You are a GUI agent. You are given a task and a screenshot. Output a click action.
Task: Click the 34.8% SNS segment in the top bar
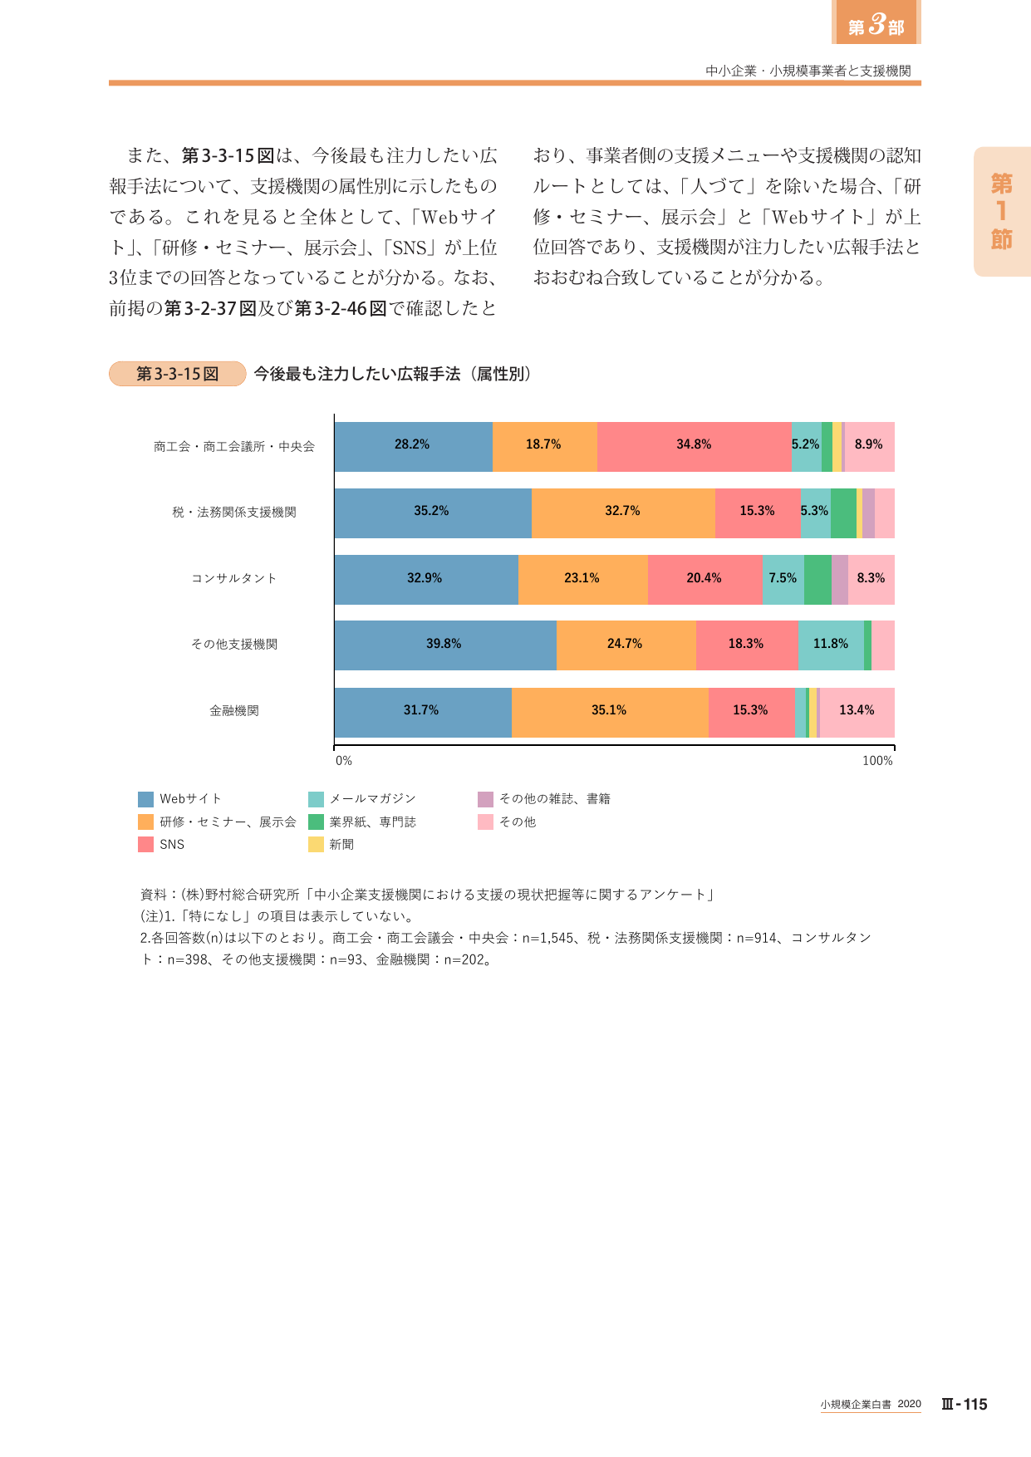pos(695,447)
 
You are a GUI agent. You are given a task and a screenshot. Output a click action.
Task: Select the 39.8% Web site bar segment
pos(445,645)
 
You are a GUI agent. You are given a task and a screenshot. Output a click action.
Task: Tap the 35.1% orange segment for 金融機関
pos(610,713)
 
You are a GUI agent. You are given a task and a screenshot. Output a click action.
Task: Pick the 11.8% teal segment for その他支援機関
pos(831,645)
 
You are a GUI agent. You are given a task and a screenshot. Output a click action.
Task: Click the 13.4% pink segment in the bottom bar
pos(857,713)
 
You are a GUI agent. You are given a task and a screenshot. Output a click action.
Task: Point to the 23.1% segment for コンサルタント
pos(583,580)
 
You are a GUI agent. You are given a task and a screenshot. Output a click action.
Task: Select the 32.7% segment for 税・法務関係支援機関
pos(623,513)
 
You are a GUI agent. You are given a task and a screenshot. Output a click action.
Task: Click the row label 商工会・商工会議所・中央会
pos(234,447)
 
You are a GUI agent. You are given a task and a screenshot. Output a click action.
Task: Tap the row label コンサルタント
pos(234,578)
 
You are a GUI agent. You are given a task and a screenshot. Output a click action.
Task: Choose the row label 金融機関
pos(234,711)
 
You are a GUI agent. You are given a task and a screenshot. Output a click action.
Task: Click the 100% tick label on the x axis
pos(877,761)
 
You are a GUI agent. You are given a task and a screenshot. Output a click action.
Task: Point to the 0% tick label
pos(343,761)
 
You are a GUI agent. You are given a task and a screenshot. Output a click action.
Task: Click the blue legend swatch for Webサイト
pos(146,799)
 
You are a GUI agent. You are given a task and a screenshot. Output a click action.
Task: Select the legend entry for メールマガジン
pos(362,799)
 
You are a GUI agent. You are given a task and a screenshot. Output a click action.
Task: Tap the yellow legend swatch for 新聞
pos(316,845)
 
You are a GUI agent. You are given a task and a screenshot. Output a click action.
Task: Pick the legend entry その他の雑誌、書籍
pos(544,799)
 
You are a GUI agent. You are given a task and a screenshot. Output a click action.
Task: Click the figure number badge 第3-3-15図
pos(177,374)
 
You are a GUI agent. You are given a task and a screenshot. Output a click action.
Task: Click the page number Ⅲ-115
pos(964,1405)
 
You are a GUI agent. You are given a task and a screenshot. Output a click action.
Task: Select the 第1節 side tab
pos(1002,212)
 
